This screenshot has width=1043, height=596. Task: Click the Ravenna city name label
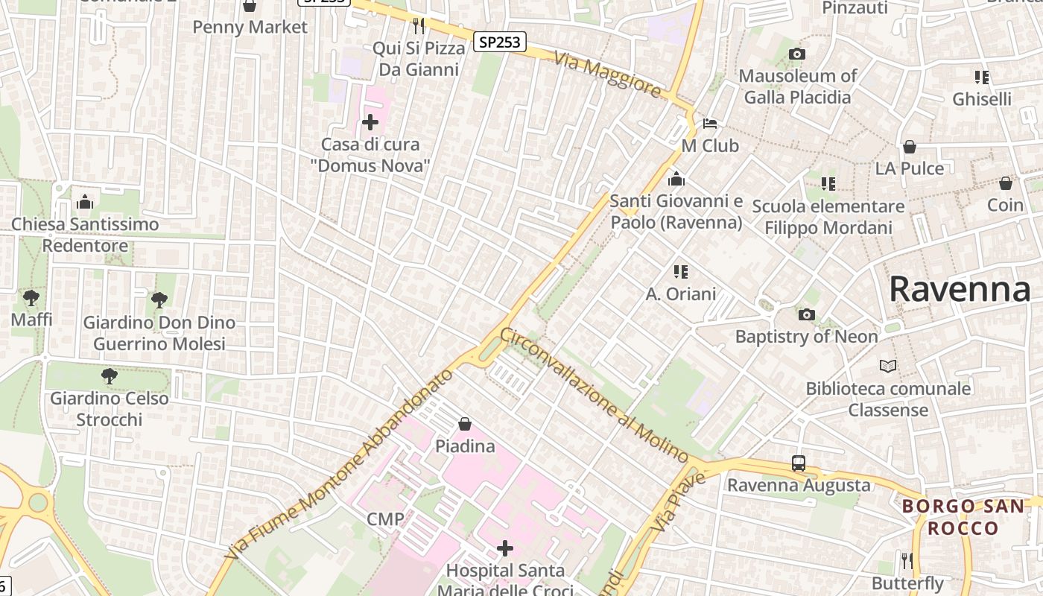click(960, 289)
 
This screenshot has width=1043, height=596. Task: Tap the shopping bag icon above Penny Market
click(250, 6)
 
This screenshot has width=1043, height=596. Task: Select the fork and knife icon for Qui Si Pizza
click(419, 26)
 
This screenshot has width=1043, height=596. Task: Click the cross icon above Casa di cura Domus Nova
click(370, 122)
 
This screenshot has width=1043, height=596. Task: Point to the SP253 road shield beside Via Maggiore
click(500, 42)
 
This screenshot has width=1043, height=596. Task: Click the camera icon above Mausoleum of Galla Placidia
click(797, 54)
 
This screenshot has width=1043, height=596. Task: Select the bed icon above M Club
click(710, 123)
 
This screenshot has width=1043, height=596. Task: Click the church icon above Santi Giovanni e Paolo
click(676, 180)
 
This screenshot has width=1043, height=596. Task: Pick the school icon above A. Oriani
click(680, 272)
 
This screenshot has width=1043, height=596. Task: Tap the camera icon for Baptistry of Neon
click(806, 315)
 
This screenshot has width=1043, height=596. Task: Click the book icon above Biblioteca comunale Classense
click(888, 366)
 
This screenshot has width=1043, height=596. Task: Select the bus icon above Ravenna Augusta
click(799, 463)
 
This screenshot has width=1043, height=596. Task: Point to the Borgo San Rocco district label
click(963, 517)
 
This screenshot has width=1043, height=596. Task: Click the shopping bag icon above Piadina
click(465, 424)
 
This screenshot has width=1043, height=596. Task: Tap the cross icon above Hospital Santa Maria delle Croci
click(505, 549)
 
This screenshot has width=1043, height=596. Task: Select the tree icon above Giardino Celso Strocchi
click(110, 376)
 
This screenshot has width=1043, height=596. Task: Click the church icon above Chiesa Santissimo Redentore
click(85, 202)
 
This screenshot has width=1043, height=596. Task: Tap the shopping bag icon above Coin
click(1006, 183)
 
